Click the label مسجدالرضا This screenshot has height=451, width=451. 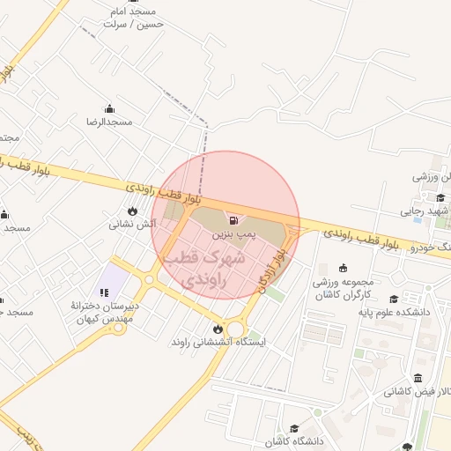109,122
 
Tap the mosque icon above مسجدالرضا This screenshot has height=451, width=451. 109,108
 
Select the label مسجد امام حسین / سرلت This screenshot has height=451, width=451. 133,18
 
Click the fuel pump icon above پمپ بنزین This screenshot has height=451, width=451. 233,220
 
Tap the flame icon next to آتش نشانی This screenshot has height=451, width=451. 132,211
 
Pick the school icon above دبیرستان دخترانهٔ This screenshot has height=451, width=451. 104,292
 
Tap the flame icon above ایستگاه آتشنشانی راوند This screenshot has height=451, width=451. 218,329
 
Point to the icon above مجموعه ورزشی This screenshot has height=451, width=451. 343,269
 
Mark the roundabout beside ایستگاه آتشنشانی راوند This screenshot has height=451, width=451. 235,329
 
